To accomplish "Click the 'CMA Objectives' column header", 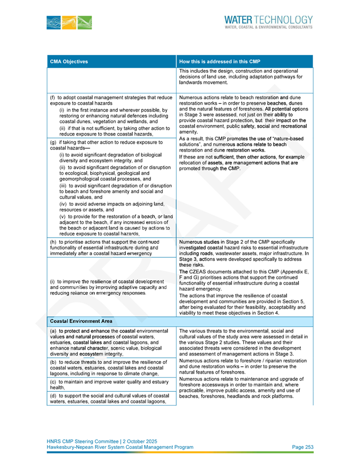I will (69, 61).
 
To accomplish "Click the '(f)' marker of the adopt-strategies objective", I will (52, 98).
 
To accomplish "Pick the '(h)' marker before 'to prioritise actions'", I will (52, 242).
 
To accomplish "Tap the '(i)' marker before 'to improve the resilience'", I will (52, 281).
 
